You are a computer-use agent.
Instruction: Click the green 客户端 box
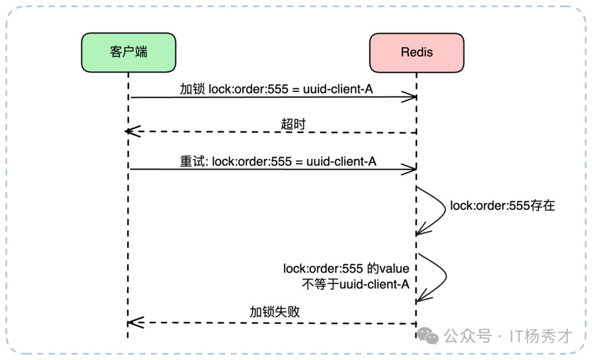[128, 52]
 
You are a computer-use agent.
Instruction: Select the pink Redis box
[417, 52]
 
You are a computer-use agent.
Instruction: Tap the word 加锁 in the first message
[192, 89]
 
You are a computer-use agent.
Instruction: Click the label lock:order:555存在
[503, 206]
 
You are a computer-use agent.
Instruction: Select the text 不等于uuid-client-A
[356, 284]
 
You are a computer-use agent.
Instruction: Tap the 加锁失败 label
[275, 312]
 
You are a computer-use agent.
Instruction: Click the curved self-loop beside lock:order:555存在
[439, 211]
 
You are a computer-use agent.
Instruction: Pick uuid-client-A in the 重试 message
[341, 161]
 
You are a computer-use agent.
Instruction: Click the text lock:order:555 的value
[346, 268]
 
